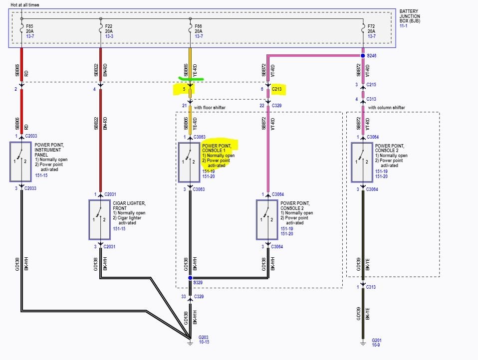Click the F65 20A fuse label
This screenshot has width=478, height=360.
tap(29, 28)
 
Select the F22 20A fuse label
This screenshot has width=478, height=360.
tap(109, 28)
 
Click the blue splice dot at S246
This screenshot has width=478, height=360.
tap(363, 56)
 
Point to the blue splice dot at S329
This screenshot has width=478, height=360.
tap(190, 278)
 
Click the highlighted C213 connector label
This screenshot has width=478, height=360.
tap(277, 89)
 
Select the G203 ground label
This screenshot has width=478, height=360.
tap(204, 337)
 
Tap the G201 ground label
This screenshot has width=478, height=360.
tap(377, 340)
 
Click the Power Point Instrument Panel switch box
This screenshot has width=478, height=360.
tap(20, 162)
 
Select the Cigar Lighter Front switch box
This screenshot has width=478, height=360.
tap(100, 219)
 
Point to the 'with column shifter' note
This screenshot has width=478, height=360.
tap(386, 108)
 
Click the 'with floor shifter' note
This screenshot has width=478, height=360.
tap(210, 108)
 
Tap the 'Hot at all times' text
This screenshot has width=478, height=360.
tap(24, 5)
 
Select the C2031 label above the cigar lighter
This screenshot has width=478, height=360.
tap(110, 194)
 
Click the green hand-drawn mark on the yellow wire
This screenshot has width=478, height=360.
tap(191, 79)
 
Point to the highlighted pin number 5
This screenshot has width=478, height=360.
tap(184, 89)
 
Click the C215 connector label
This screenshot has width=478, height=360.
tap(371, 85)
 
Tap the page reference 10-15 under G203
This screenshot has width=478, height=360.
tap(204, 342)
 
